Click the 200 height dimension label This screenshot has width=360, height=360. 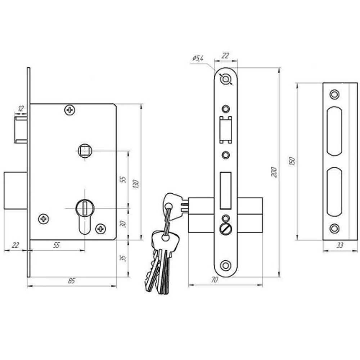coord(274,172)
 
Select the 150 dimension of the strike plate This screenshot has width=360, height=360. coord(292,161)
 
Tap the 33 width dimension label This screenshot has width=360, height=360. coord(340,245)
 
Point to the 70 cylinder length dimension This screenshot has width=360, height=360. coord(214,280)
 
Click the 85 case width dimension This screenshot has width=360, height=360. coord(72,281)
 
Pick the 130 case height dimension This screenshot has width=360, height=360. coord(136,184)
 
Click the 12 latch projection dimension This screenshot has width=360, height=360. coord(21,108)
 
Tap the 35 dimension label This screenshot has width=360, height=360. coord(123,258)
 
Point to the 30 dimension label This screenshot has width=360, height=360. coord(123,224)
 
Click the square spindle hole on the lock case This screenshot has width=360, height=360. coord(85,150)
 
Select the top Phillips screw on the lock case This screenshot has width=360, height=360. coord(70,110)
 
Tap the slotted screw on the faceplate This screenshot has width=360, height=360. coord(226,229)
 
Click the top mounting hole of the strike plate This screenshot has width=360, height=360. coord(334,94)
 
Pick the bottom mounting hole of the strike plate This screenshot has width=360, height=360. coord(334,229)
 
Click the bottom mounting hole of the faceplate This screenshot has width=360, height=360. coord(225,265)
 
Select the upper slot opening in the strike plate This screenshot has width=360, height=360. coord(334,131)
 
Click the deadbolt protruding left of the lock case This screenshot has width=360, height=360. coord(15,190)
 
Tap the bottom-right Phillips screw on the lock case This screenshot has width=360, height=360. coord(100,229)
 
